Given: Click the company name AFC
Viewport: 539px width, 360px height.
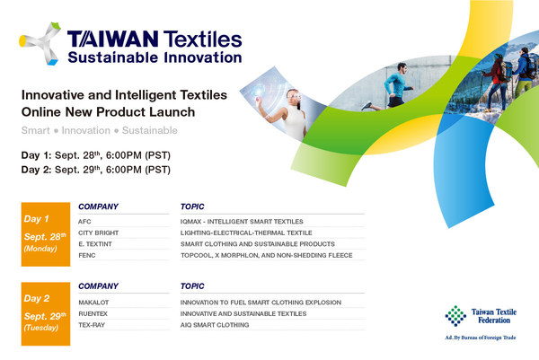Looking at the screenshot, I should pos(85,220).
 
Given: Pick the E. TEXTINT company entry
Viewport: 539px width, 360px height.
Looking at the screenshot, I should pos(94,243).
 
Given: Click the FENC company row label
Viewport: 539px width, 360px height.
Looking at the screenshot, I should pos(87,255).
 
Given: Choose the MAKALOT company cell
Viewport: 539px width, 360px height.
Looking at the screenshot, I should pos(94,302).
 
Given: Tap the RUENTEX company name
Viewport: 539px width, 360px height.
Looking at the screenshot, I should pos(94,313).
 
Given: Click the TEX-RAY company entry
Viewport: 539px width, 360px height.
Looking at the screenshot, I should pos(92,325).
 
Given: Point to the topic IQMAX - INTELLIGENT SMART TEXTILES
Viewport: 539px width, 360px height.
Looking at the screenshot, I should pos(240,220).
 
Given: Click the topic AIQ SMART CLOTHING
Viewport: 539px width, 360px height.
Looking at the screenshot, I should pos(215,325).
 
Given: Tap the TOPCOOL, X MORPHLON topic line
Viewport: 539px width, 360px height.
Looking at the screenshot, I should pos(266,255).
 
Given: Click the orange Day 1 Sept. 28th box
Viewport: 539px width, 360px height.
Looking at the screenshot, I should pos(44,234).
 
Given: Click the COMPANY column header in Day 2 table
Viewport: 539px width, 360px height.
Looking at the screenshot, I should pos(100,285).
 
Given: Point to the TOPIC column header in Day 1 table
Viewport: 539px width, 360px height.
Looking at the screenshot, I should pos(194,205).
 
